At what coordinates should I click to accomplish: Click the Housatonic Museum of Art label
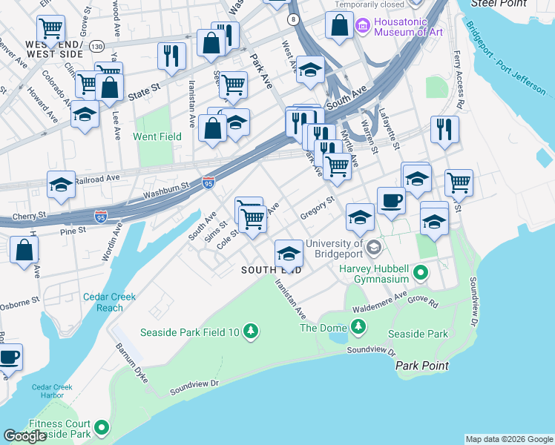408,27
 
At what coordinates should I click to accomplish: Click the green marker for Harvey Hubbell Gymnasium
421,274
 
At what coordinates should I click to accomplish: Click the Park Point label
421,366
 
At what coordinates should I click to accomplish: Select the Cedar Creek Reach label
109,302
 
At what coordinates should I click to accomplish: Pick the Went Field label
157,136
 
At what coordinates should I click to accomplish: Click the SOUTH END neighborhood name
272,271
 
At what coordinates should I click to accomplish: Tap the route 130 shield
96,46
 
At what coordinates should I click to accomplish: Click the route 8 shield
295,19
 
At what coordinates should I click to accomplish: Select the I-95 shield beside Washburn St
208,182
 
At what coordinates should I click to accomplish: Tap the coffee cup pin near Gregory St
391,200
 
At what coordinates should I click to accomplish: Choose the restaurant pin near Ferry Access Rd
444,129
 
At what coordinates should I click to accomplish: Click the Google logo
25,436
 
